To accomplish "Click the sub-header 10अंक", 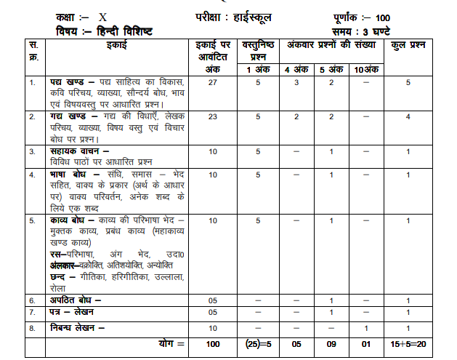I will point(367,69).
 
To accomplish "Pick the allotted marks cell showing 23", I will point(213,116).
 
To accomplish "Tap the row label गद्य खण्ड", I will point(71,116).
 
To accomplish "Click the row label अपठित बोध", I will point(73,300).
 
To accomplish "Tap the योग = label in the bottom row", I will point(172,343).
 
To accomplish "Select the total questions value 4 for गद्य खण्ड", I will point(409,116).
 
